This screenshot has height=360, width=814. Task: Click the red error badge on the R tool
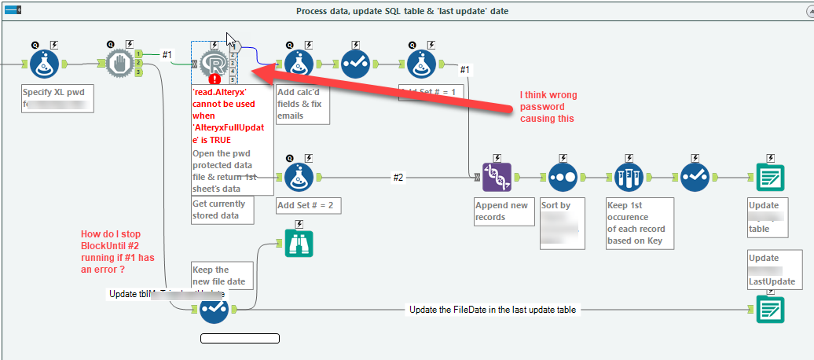click(214, 79)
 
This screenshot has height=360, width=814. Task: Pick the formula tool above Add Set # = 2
click(299, 178)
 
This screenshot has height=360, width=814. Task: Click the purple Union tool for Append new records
click(497, 178)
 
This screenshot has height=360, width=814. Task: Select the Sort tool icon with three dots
click(563, 178)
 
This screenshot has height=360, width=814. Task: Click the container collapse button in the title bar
click(13, 10)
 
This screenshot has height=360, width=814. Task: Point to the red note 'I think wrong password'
click(548, 107)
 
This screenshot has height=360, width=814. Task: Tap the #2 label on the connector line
click(398, 178)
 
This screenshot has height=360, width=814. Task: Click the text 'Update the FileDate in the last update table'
click(493, 310)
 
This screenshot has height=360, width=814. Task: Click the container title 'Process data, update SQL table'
click(406, 10)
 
